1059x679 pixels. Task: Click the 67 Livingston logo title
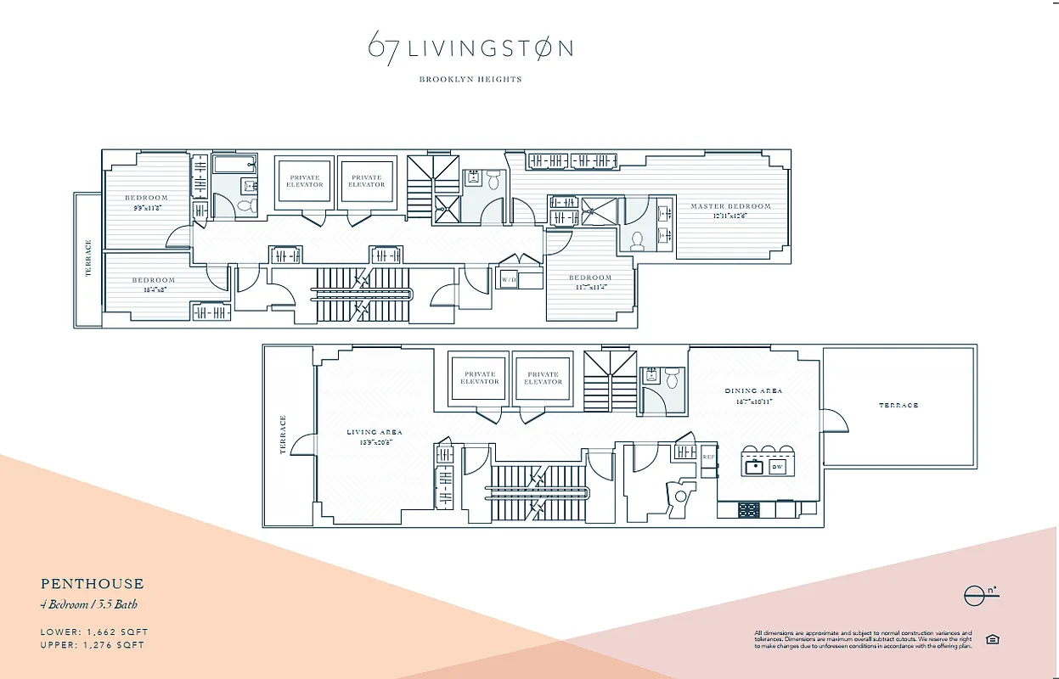point(470,48)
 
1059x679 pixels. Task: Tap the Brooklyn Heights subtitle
point(470,79)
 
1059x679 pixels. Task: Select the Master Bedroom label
point(730,206)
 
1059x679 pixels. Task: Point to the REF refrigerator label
point(708,457)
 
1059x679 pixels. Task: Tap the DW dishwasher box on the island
point(777,467)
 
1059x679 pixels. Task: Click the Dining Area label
point(753,391)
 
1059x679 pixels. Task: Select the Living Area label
point(374,432)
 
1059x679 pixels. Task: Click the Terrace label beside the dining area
point(898,406)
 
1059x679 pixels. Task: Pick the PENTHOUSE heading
point(93,584)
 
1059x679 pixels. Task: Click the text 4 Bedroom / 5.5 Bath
point(89,604)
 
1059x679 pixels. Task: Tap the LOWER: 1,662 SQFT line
point(94,632)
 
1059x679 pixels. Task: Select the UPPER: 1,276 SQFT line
point(93,645)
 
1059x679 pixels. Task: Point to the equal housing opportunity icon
point(992,639)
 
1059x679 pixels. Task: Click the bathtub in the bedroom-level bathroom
point(234,165)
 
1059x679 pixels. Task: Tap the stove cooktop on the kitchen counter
point(749,510)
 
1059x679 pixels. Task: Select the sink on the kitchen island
point(752,466)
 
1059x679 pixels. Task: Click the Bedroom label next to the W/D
point(590,278)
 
